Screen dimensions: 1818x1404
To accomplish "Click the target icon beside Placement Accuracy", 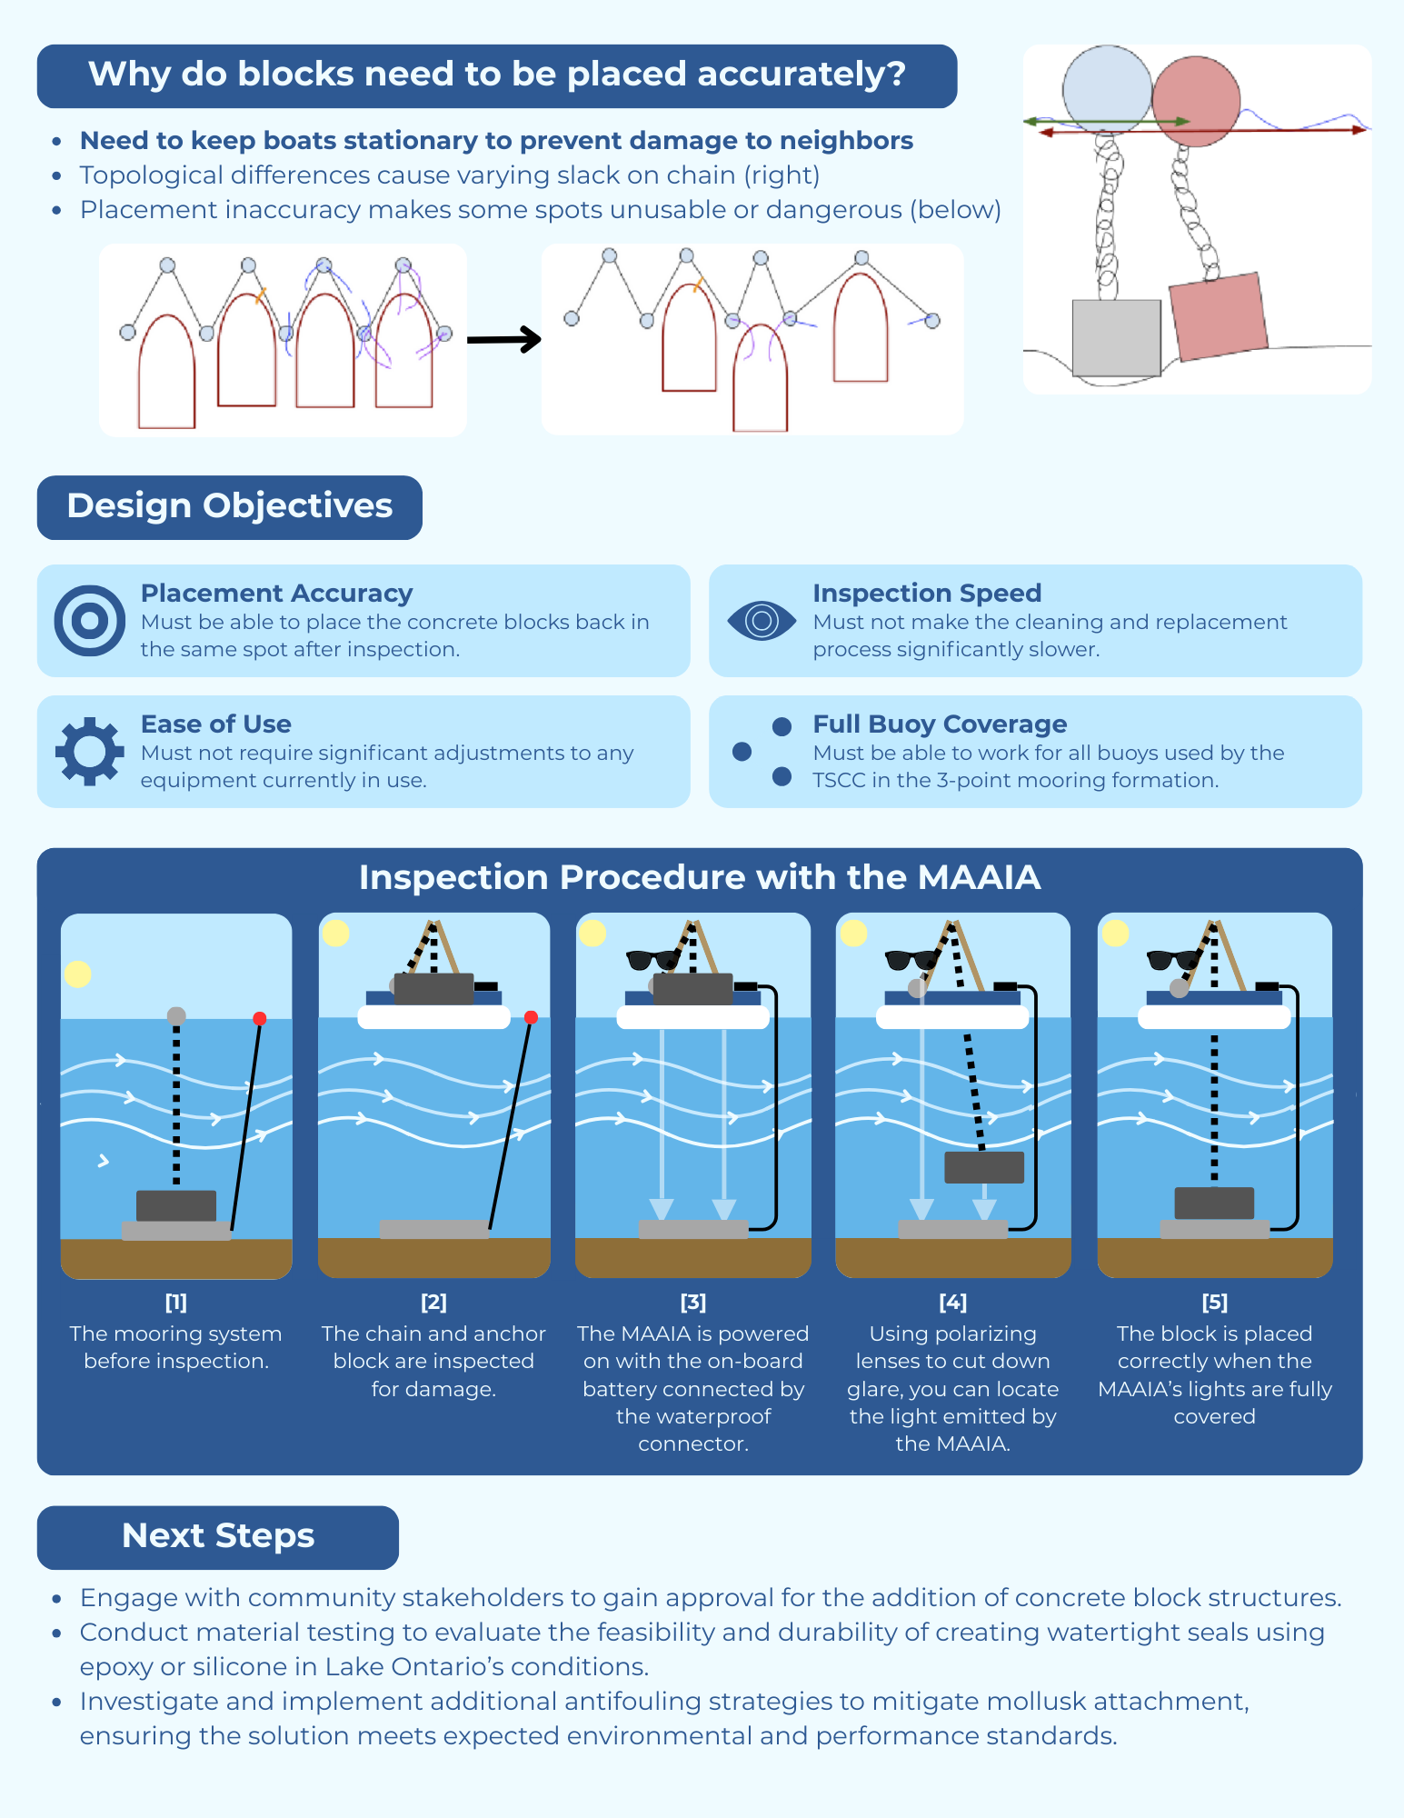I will click(89, 621).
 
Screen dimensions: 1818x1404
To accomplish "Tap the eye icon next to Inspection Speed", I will click(762, 621).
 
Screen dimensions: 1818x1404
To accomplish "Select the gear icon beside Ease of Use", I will click(89, 751).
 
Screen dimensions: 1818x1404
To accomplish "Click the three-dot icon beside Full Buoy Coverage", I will click(762, 751).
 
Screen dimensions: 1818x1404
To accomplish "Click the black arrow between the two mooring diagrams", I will click(504, 340).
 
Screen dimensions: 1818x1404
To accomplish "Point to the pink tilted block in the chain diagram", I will click(1218, 315).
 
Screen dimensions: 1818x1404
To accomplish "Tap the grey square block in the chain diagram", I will click(1116, 337).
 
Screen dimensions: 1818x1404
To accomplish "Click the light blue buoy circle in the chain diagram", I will click(1106, 89).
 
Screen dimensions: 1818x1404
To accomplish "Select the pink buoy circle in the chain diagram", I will click(1196, 100).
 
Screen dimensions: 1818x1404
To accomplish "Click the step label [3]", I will click(692, 1302).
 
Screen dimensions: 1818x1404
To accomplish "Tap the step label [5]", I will click(1214, 1302).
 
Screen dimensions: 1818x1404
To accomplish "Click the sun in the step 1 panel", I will click(78, 974).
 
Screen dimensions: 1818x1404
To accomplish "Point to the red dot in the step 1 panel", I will click(260, 1018).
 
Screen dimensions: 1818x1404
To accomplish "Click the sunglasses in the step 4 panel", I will click(912, 959).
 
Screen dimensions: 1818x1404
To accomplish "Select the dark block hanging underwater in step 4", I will click(984, 1167).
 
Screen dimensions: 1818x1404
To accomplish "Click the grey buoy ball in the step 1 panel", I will click(176, 1015).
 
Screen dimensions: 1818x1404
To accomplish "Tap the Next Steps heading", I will click(218, 1536).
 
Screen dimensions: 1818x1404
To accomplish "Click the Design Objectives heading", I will click(229, 506).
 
